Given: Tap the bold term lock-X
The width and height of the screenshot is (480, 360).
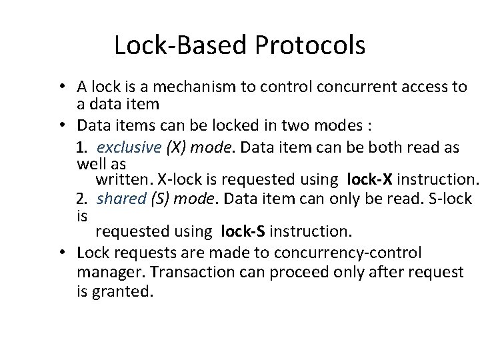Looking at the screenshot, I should (371, 179).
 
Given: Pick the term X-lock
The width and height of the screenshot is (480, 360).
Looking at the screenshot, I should (181, 179).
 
